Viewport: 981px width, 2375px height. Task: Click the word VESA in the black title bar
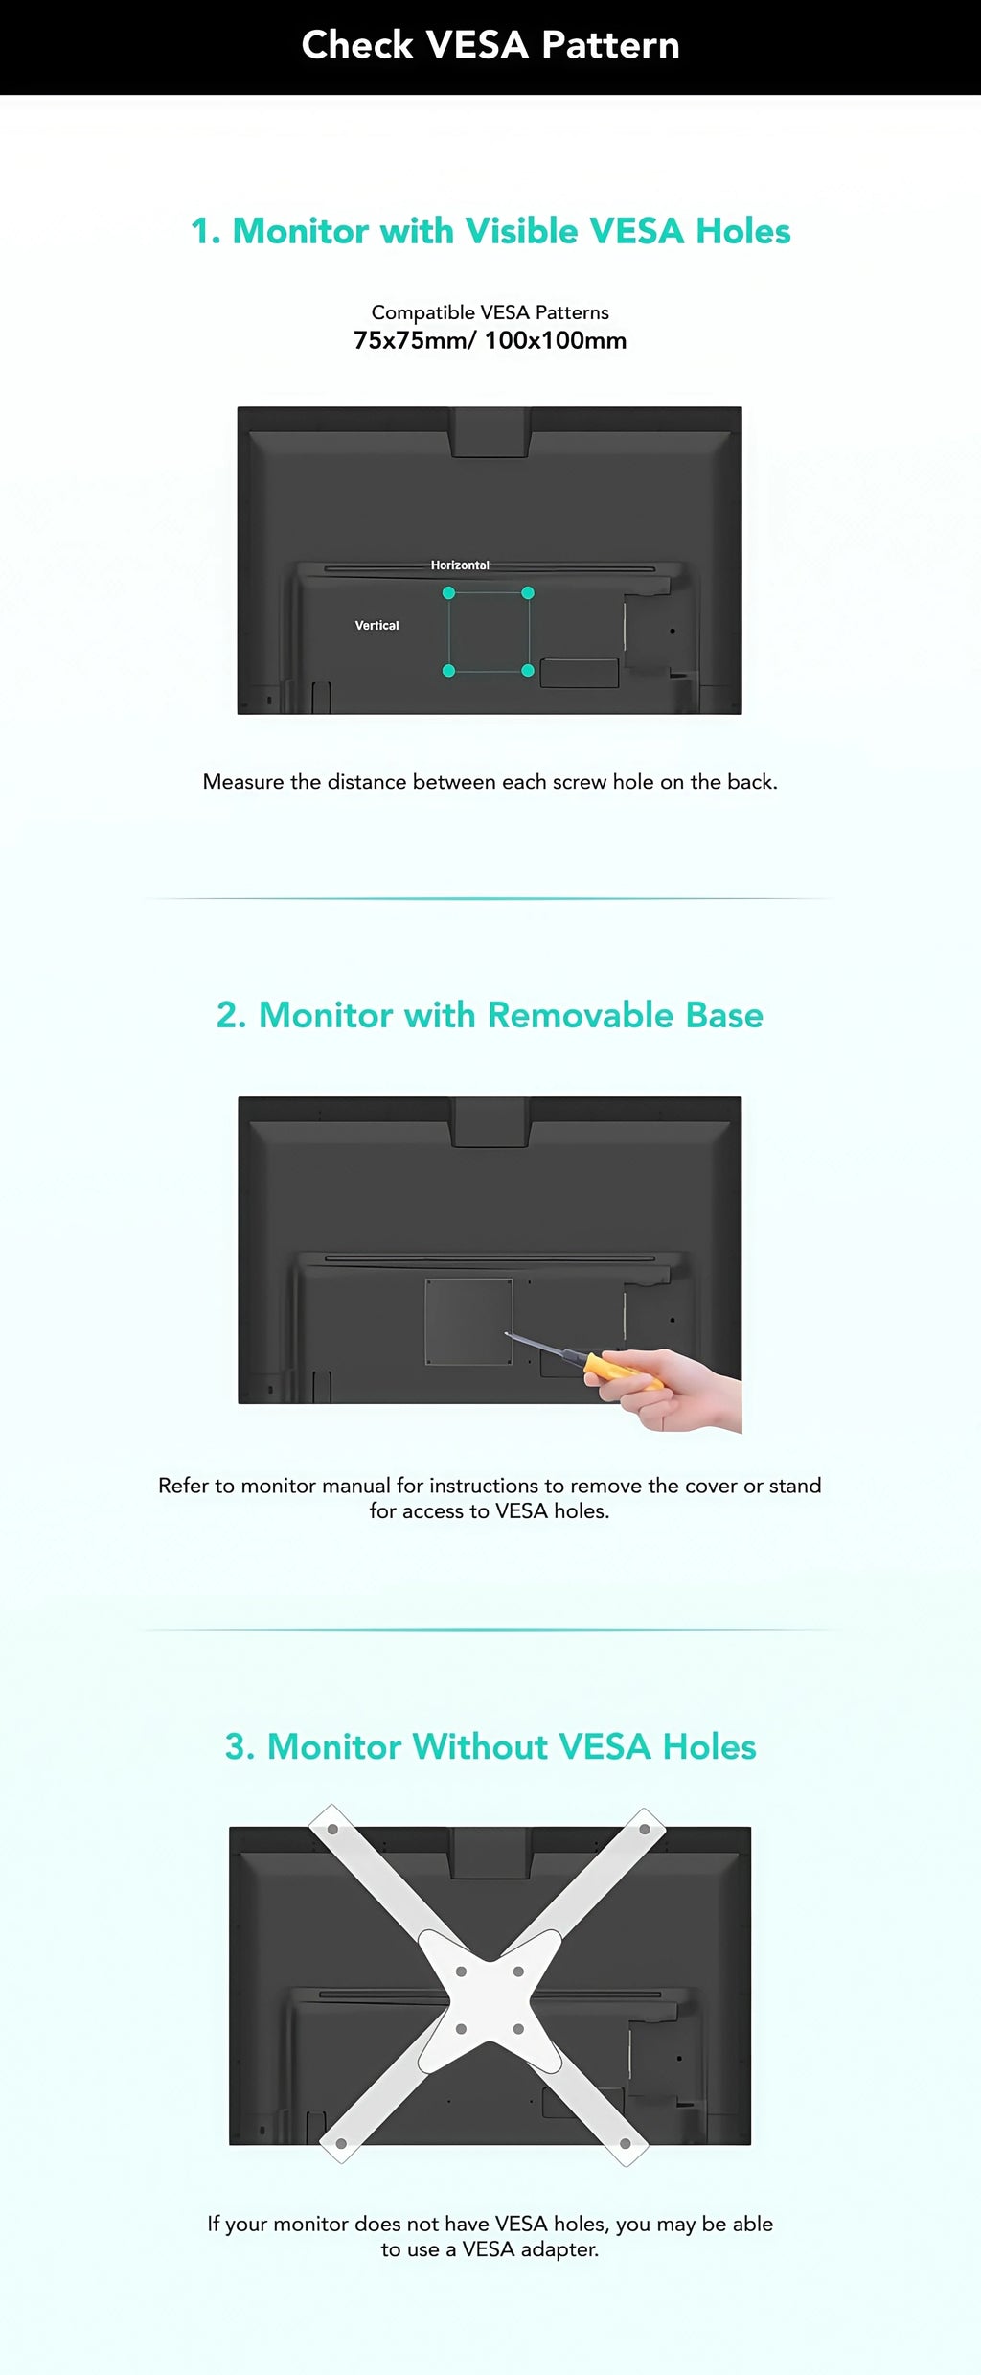[x=476, y=45]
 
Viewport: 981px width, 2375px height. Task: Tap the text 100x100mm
[x=556, y=340]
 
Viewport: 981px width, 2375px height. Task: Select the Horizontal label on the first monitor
[x=460, y=565]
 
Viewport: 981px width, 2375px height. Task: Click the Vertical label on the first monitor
[x=376, y=625]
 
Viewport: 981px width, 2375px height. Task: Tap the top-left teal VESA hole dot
[x=448, y=593]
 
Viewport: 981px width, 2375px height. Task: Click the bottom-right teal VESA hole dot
[x=528, y=671]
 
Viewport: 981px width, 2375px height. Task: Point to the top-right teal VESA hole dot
[x=528, y=593]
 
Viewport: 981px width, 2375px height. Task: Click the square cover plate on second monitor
[x=468, y=1321]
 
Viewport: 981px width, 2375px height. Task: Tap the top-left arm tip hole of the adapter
[x=332, y=1829]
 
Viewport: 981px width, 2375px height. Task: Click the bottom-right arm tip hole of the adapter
[x=626, y=2143]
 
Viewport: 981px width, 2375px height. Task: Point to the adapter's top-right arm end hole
[x=645, y=1829]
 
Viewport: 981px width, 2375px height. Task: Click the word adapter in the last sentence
[x=559, y=2249]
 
